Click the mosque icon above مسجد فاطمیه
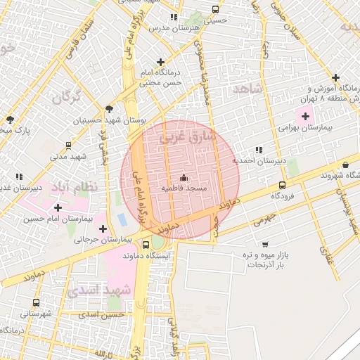click(x=184, y=178)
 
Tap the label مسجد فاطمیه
click(x=184, y=188)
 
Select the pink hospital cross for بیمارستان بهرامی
click(x=305, y=116)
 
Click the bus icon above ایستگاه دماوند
click(x=146, y=245)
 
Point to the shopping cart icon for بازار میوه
click(x=264, y=244)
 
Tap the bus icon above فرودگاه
click(x=282, y=186)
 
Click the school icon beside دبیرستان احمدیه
click(x=259, y=150)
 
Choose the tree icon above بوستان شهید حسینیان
click(x=108, y=109)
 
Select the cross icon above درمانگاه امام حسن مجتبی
click(x=161, y=63)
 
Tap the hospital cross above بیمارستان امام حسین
click(x=58, y=207)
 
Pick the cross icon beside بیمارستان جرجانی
click(x=103, y=229)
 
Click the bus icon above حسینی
click(x=214, y=10)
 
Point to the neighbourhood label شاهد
click(x=250, y=89)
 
